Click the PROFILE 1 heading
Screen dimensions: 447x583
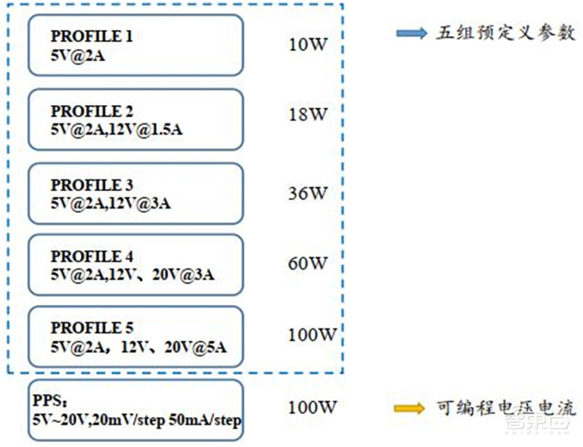tap(92, 36)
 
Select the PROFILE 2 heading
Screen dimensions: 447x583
tap(92, 112)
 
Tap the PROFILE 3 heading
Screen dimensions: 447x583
tap(92, 185)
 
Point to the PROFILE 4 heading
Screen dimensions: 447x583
tap(92, 257)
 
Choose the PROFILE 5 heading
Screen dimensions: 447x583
tap(92, 327)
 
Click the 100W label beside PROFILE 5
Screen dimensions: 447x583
tap(312, 335)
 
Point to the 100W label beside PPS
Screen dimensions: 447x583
tap(312, 408)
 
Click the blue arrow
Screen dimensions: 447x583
tap(412, 34)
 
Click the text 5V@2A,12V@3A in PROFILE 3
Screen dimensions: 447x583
tap(110, 202)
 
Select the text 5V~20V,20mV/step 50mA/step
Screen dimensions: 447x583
tap(136, 421)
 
